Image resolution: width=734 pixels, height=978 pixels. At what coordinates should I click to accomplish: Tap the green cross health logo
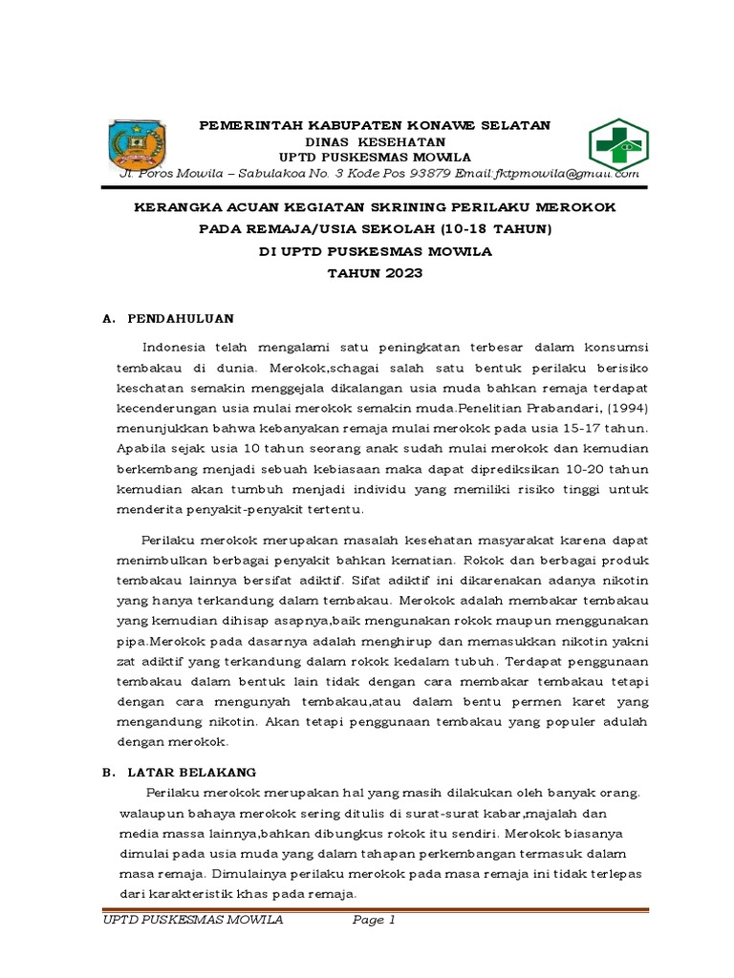click(614, 144)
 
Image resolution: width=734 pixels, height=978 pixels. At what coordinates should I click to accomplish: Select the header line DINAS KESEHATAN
click(375, 141)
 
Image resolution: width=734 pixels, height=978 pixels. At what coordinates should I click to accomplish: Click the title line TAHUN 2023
click(375, 273)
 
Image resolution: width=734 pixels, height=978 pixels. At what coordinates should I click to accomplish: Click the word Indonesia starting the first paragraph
click(179, 346)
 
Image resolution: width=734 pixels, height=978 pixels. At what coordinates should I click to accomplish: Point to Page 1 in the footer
click(374, 921)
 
